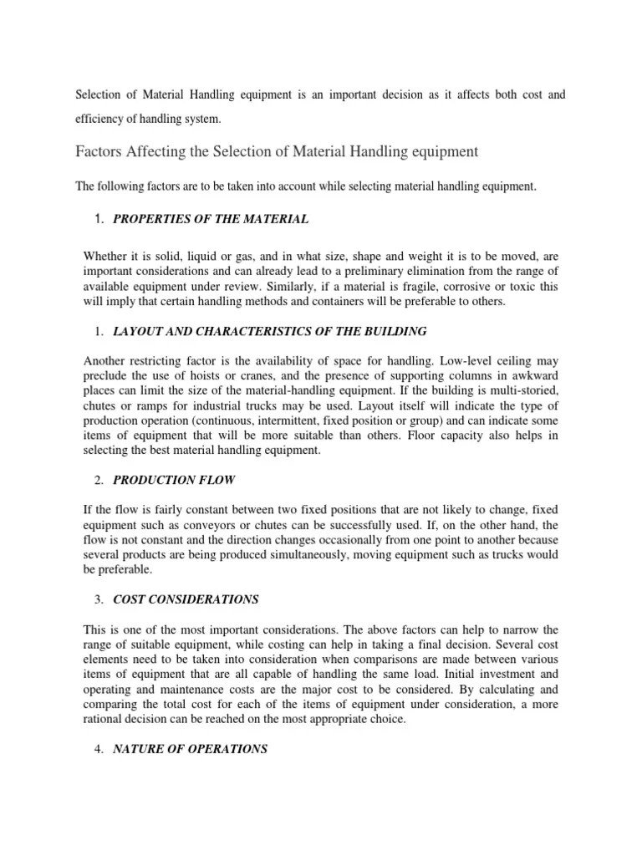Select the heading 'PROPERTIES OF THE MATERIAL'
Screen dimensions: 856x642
[211, 219]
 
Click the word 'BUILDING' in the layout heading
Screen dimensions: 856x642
[393, 331]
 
